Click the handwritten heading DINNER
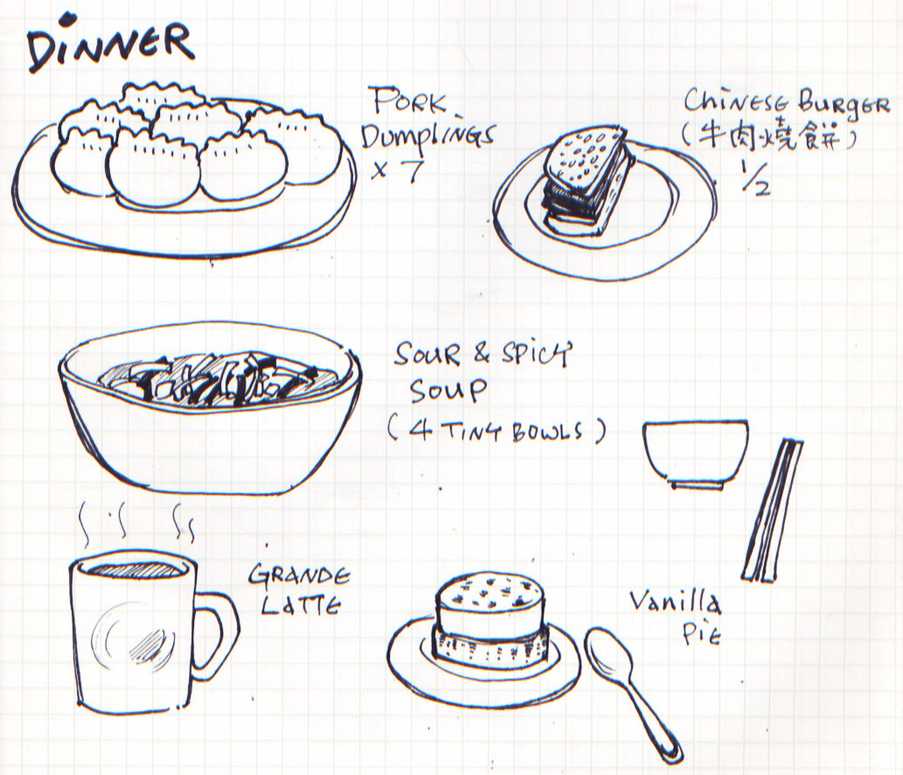click(109, 47)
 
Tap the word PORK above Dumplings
click(409, 101)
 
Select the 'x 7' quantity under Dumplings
click(399, 170)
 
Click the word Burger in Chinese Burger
click(843, 105)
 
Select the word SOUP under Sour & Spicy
click(448, 391)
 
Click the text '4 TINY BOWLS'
click(497, 431)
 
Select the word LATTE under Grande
click(301, 605)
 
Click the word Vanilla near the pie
click(674, 602)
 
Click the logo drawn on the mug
click(134, 636)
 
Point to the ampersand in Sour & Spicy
click(482, 353)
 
